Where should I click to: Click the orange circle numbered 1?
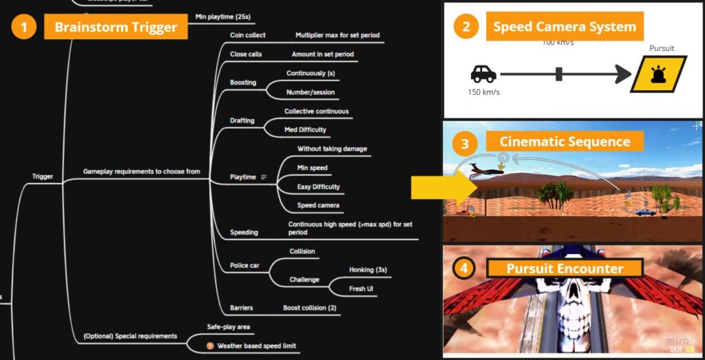pyautogui.click(x=24, y=28)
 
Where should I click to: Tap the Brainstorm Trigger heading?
pyautogui.click(x=116, y=28)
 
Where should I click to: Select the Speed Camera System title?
pyautogui.click(x=564, y=28)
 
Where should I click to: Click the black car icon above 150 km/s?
pyautogui.click(x=483, y=74)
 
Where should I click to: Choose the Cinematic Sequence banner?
pyautogui.click(x=565, y=142)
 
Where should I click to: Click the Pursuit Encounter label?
pyautogui.click(x=565, y=268)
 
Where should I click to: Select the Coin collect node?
pyautogui.click(x=248, y=35)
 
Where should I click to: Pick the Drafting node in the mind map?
pyautogui.click(x=242, y=120)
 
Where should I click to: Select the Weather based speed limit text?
pyautogui.click(x=256, y=346)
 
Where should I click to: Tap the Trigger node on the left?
pyautogui.click(x=43, y=177)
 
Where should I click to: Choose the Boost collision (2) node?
pyautogui.click(x=309, y=308)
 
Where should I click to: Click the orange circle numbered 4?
pyautogui.click(x=465, y=268)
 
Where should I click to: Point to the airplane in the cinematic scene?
pyautogui.click(x=485, y=169)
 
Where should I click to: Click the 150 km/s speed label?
pyautogui.click(x=483, y=90)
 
